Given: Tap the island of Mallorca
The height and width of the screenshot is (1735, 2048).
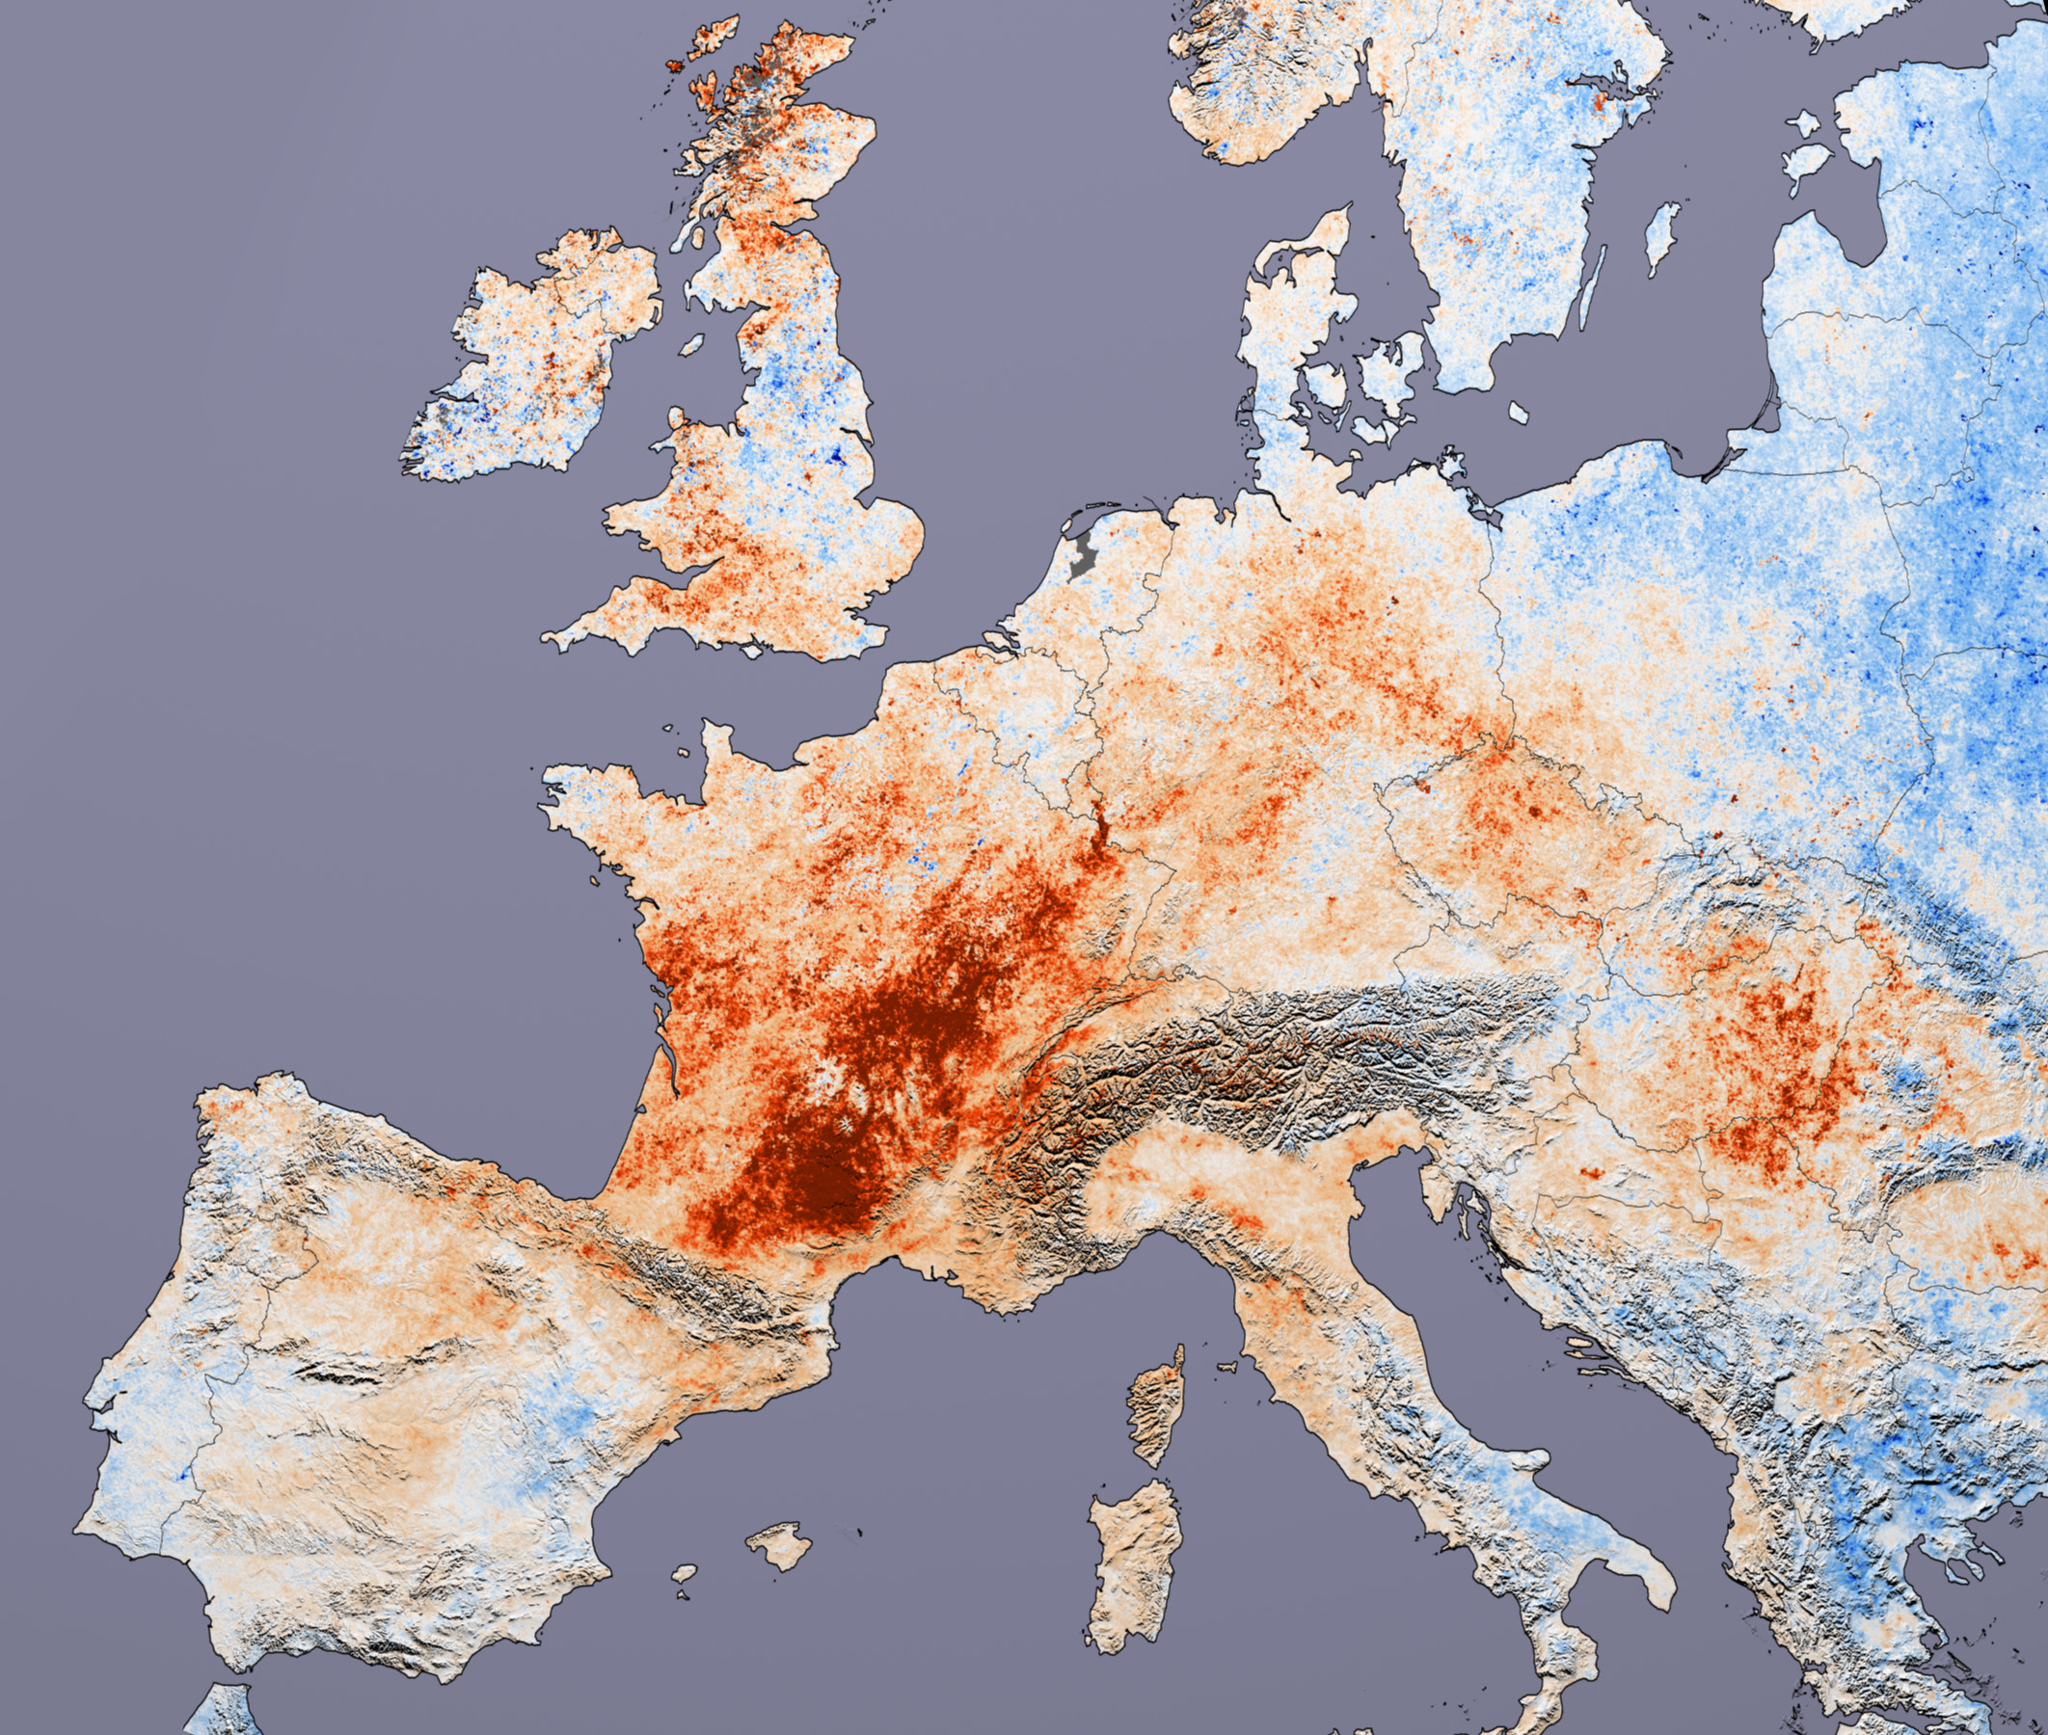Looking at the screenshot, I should click(778, 1545).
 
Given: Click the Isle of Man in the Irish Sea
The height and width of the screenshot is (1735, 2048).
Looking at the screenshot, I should click(692, 345).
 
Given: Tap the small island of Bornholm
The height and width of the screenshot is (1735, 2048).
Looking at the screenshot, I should click(1517, 413).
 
